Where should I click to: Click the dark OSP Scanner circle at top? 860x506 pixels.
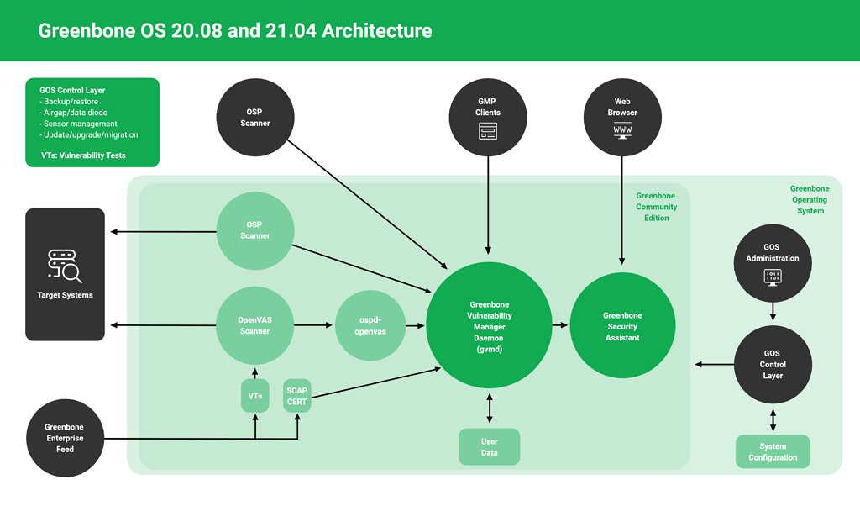point(255,117)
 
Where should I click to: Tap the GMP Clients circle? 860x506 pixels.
point(488,117)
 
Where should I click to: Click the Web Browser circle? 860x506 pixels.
point(622,117)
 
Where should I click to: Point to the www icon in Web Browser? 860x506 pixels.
point(622,131)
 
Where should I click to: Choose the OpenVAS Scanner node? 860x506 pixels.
point(255,325)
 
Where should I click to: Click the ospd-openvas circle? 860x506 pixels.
point(372,326)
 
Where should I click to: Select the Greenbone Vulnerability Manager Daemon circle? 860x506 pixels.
point(489,326)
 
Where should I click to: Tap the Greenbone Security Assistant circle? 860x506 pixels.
point(622,326)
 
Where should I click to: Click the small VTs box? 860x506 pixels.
point(255,395)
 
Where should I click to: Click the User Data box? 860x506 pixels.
point(489,447)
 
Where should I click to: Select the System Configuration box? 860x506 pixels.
point(773,452)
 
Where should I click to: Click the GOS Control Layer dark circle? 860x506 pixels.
point(773,364)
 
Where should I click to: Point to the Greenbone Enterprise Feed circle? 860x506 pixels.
point(65,438)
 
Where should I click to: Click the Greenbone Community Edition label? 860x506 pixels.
point(656,207)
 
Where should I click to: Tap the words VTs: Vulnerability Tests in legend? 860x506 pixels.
point(83,155)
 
